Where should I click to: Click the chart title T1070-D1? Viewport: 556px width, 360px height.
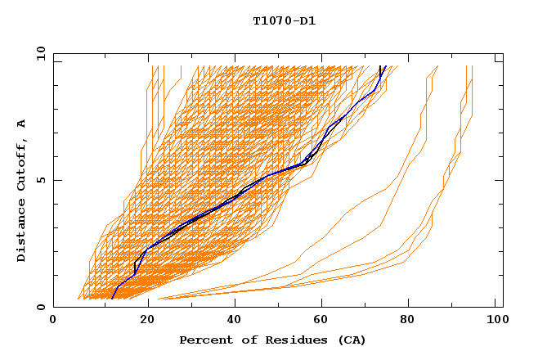pos(285,21)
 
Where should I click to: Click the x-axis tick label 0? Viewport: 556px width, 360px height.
pos(53,321)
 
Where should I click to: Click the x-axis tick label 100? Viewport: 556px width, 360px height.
pos(495,321)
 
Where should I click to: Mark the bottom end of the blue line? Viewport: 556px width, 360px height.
pos(112,299)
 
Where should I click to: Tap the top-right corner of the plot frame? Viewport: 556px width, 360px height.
pos(503,53)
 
